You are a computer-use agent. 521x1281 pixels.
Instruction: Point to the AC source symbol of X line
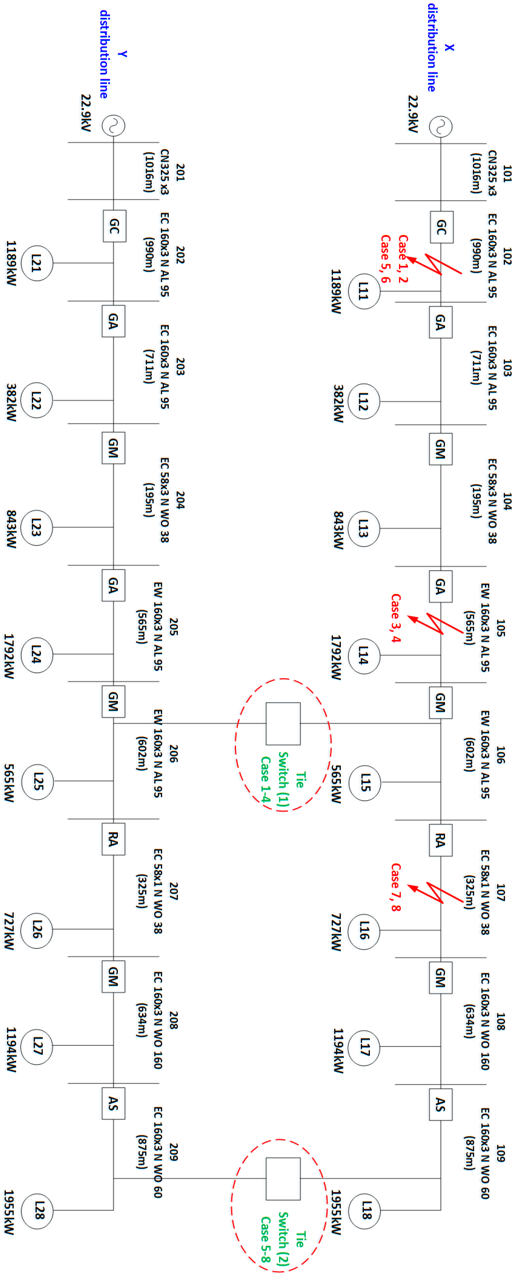click(440, 126)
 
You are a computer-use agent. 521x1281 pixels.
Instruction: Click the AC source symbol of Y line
click(114, 125)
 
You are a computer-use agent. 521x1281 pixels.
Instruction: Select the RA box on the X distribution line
click(440, 841)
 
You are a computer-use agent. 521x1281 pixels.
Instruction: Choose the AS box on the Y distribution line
click(114, 1104)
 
